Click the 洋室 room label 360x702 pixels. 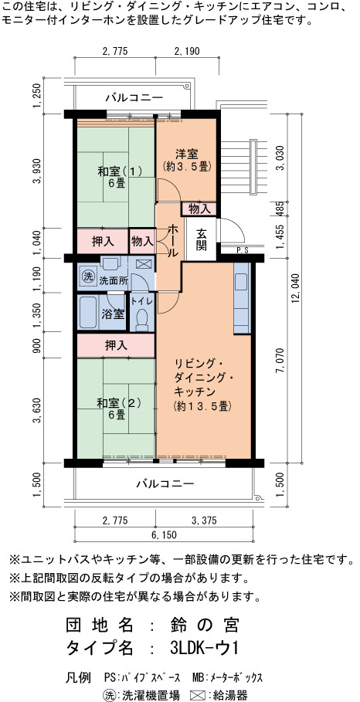[x=186, y=154]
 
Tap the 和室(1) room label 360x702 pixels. [x=120, y=171]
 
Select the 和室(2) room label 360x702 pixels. [x=120, y=402]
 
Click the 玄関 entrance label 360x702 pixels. [x=201, y=239]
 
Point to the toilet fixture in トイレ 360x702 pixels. [x=142, y=320]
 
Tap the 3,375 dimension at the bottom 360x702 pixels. [x=204, y=521]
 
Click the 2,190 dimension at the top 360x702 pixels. [x=187, y=51]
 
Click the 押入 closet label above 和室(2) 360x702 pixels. [x=116, y=345]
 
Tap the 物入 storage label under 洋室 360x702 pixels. [x=199, y=209]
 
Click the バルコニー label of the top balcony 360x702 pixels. [x=134, y=97]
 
